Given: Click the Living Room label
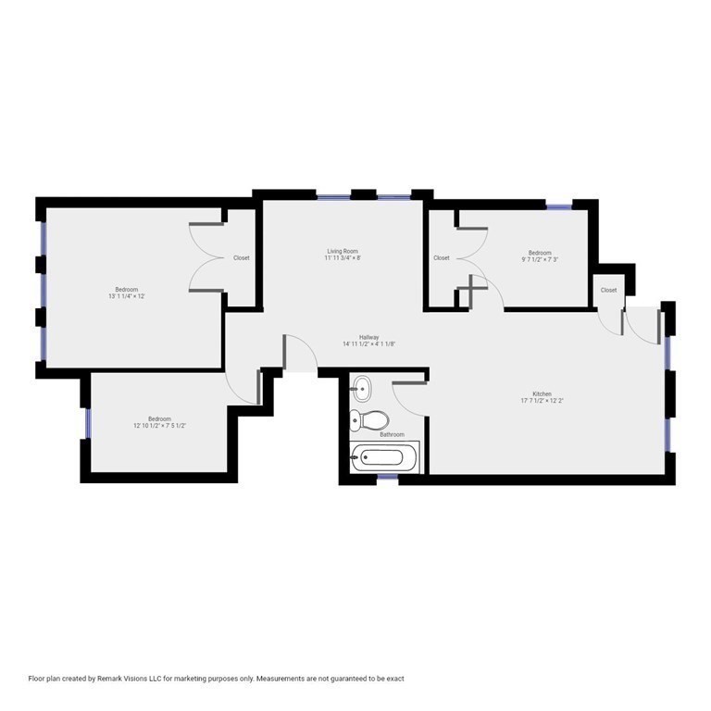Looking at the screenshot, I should tap(343, 251).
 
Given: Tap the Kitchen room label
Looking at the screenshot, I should tap(542, 393).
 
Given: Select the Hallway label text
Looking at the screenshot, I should tap(369, 337).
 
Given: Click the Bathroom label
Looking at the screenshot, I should tap(391, 434).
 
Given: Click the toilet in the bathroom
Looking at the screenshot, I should tap(369, 420).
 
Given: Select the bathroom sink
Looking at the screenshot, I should tap(362, 388).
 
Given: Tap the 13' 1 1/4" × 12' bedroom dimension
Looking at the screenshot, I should tap(127, 296).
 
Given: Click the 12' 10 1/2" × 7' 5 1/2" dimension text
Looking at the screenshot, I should tap(159, 427).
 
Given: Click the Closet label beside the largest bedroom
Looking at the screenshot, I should tap(241, 257).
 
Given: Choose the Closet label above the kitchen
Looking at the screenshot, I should tap(608, 290).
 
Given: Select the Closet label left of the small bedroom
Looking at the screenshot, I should tap(442, 257).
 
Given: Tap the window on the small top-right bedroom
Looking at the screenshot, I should tap(559, 206).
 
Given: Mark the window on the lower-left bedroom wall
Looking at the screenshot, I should tap(87, 423).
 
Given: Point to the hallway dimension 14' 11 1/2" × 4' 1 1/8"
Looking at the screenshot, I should tap(368, 344).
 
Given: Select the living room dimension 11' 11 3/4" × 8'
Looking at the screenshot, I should tap(342, 258).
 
